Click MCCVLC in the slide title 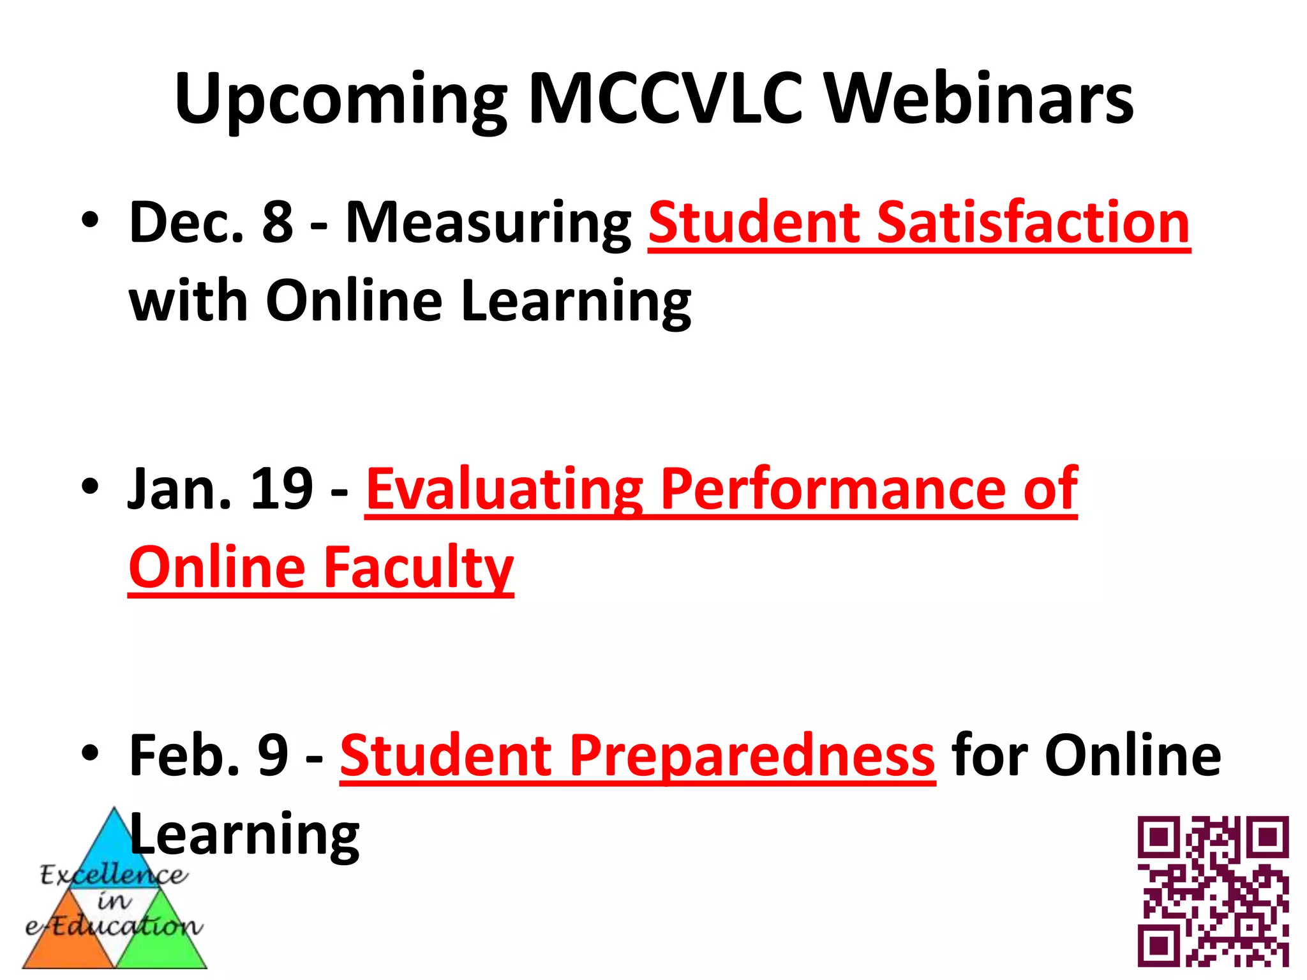coord(666,99)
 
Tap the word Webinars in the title coord(980,99)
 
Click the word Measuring coord(488,223)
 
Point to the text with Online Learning coord(410,301)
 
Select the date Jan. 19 coord(220,489)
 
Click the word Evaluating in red coord(504,489)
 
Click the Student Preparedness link coord(637,755)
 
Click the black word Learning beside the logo coord(245,835)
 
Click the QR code coord(1213,891)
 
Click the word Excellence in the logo coord(114,875)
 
